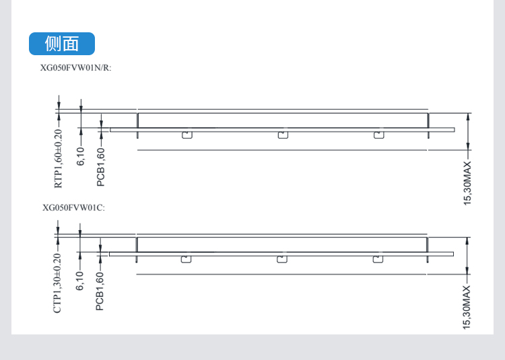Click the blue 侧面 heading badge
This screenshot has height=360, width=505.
click(x=62, y=44)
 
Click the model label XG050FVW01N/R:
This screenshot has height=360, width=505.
click(x=75, y=68)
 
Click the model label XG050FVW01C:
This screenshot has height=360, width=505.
click(x=74, y=208)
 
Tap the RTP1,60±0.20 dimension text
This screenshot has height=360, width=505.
click(x=58, y=159)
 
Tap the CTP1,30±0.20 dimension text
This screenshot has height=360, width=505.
click(x=57, y=283)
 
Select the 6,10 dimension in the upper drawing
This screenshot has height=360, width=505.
click(x=81, y=156)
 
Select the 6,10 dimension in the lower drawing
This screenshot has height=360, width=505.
click(x=79, y=281)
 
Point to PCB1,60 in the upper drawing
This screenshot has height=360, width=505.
click(x=101, y=167)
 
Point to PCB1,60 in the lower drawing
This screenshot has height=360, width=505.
click(x=100, y=291)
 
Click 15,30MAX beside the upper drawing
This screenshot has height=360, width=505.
click(x=467, y=183)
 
